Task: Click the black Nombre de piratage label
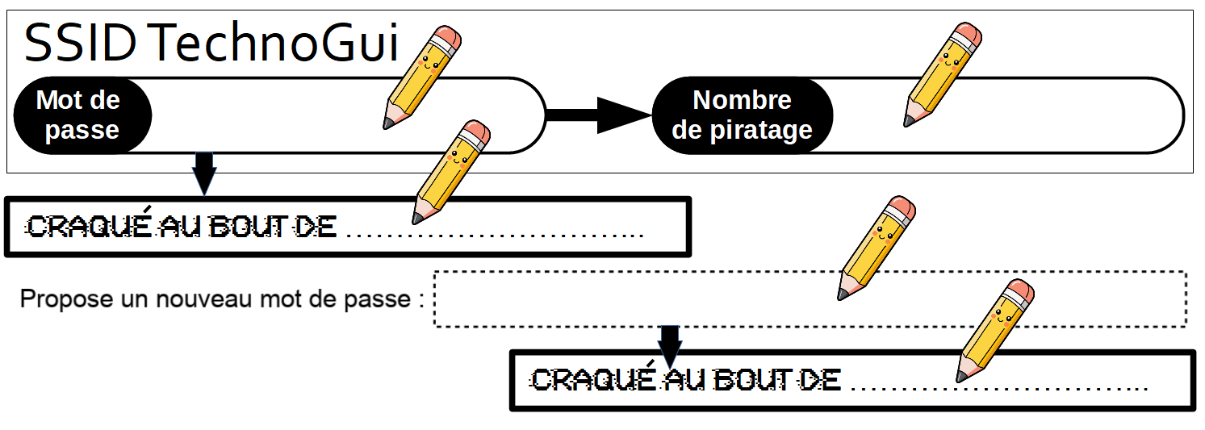click(742, 115)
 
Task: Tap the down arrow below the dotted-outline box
click(670, 343)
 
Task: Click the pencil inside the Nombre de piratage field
click(942, 75)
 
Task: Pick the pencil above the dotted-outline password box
click(877, 247)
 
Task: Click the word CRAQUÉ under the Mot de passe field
click(89, 227)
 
